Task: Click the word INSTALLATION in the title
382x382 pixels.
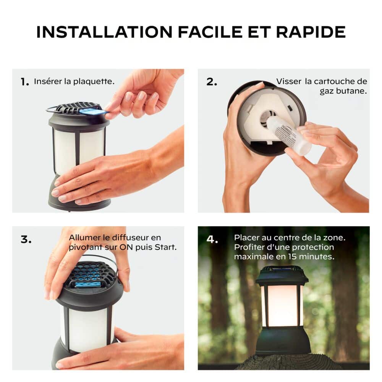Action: [x=104, y=32]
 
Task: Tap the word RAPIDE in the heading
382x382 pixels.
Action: [x=311, y=32]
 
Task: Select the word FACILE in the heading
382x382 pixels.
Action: [x=210, y=32]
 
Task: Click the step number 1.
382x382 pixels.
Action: [x=24, y=82]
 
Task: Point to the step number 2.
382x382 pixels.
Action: [x=212, y=82]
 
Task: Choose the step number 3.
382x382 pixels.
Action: [x=26, y=240]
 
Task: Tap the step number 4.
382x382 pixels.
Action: [x=212, y=240]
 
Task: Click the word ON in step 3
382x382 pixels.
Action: [x=126, y=247]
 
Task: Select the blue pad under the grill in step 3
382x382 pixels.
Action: [x=88, y=284]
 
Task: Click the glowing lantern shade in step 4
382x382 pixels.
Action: [x=282, y=306]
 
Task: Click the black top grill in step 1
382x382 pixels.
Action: [x=78, y=108]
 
